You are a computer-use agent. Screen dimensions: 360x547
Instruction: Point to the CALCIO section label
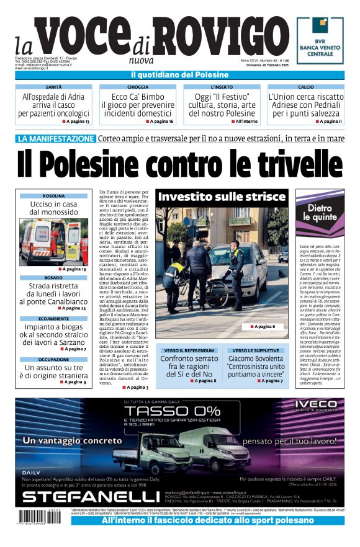(x=305, y=87)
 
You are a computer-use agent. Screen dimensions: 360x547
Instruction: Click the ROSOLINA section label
(x=54, y=196)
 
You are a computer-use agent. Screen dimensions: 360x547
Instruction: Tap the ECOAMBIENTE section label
(x=54, y=318)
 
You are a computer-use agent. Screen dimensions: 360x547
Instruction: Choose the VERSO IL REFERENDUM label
(x=189, y=350)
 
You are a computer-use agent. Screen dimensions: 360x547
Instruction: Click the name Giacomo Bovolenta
(x=254, y=358)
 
